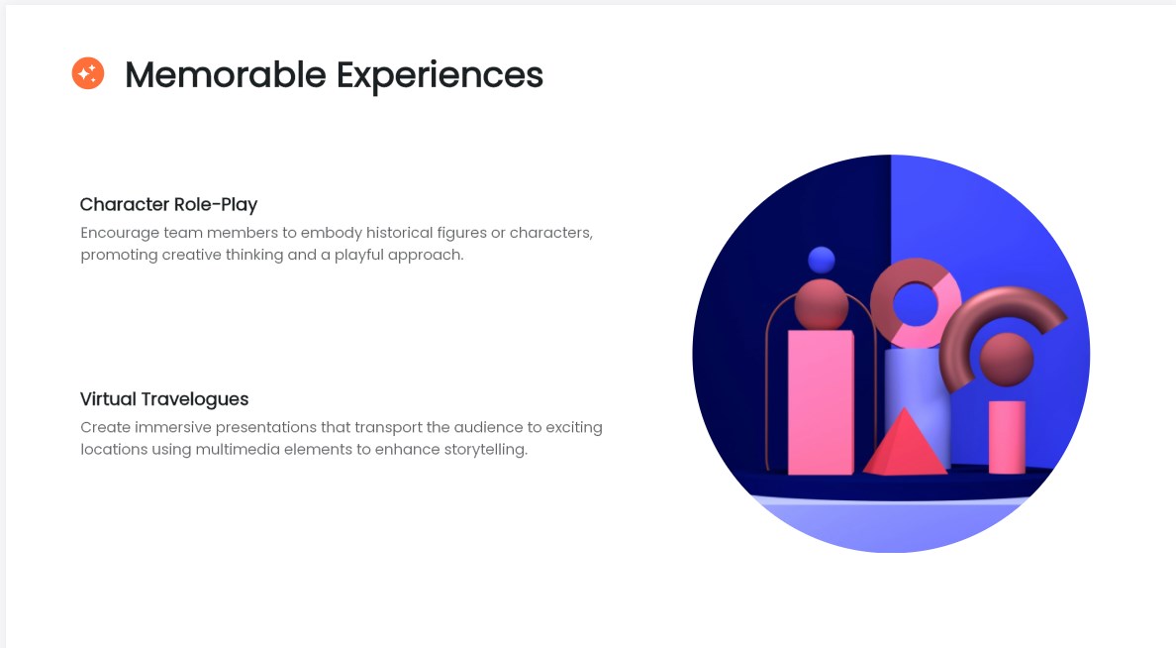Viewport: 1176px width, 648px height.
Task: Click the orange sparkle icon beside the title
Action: click(x=88, y=73)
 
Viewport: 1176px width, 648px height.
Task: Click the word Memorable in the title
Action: click(x=226, y=75)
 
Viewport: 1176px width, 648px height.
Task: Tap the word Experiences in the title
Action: click(x=440, y=76)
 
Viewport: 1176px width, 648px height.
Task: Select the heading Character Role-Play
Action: click(x=168, y=204)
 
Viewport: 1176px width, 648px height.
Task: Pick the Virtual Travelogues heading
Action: click(x=164, y=398)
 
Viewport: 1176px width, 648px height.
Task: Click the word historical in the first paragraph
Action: click(x=400, y=233)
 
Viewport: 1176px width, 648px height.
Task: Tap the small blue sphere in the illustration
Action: click(x=822, y=260)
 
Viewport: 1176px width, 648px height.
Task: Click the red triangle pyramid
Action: click(x=905, y=445)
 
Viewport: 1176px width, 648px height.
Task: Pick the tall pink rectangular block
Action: click(x=821, y=402)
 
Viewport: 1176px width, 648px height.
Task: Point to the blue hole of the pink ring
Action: click(x=916, y=303)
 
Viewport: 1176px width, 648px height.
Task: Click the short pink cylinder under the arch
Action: click(x=1007, y=437)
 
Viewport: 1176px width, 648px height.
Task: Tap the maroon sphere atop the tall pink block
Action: click(x=822, y=305)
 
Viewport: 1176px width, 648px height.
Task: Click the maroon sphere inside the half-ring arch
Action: click(x=1007, y=360)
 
